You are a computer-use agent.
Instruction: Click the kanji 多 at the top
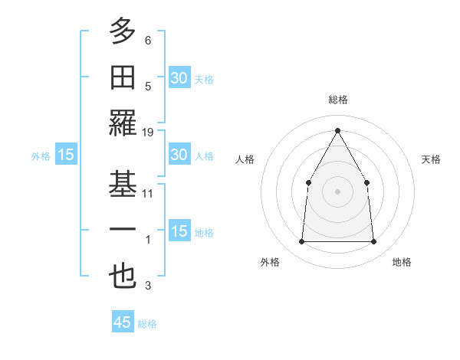(123, 31)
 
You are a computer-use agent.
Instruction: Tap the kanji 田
(123, 77)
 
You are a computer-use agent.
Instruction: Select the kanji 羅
(123, 123)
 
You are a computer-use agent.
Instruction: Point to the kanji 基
(123, 184)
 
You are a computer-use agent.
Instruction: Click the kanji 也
(123, 276)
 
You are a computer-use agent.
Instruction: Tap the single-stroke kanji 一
(123, 231)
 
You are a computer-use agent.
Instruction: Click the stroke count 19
(148, 133)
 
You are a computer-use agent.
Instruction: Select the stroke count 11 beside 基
(148, 194)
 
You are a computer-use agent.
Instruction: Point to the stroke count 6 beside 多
(148, 41)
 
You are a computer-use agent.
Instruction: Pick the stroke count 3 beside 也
(148, 286)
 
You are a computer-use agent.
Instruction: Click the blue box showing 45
(123, 322)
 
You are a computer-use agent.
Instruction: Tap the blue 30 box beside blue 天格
(179, 77)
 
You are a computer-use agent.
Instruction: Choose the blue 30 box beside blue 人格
(179, 155)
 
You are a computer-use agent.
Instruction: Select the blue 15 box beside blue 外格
(66, 155)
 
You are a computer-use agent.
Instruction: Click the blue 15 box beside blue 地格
(179, 231)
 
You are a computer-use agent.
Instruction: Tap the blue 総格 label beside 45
(147, 324)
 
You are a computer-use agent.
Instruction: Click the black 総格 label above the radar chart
(338, 100)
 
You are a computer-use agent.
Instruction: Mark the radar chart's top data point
(337, 129)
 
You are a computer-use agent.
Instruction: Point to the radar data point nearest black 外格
(301, 242)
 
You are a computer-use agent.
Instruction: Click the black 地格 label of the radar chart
(402, 262)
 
